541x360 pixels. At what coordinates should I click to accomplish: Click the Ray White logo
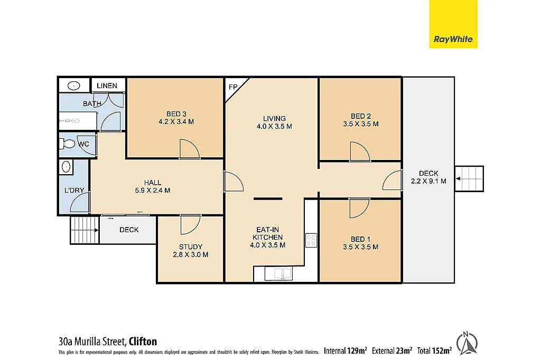coord(453,24)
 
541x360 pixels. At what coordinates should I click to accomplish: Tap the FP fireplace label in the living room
coord(232,87)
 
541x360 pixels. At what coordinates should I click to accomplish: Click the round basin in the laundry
coord(66,167)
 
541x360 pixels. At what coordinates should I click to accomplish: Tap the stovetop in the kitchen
coord(311,241)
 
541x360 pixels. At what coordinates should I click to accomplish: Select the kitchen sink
coord(281,273)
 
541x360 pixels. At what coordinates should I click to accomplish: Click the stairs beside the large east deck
coord(469,179)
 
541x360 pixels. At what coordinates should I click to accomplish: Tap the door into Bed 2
coord(359,151)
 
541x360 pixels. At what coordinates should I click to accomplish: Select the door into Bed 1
coord(359,207)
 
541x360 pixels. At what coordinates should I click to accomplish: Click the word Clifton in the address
coord(143,342)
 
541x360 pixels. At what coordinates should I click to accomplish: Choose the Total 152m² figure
coord(434,350)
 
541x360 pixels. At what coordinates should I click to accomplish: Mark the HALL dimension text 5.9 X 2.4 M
coord(153,191)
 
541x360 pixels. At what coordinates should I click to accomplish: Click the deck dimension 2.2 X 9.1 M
coord(428,181)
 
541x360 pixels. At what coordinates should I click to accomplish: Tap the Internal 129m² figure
coord(346,350)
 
